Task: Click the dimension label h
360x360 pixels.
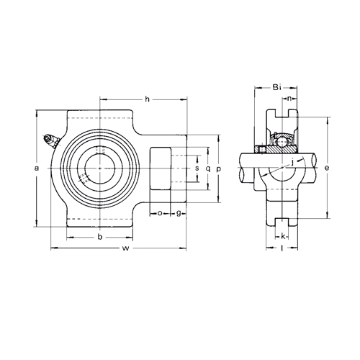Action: pos(147,99)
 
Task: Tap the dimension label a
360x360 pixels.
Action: pos(37,168)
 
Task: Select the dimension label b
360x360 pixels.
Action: pos(100,237)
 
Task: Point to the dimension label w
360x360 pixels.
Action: pos(125,248)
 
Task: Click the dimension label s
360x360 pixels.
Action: pos(197,168)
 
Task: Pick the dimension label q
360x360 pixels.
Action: pos(208,168)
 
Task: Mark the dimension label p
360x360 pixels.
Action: pos(218,169)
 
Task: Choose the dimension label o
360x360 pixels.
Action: pos(160,213)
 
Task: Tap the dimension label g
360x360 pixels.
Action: pos(179,213)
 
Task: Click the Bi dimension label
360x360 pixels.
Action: pos(276,87)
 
